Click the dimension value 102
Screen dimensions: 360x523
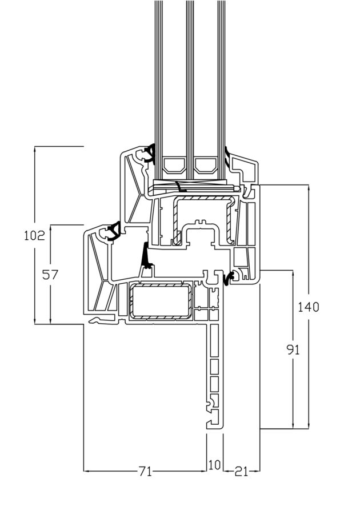(x=34, y=235)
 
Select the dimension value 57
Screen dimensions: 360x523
(x=50, y=275)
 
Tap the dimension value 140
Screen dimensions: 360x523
(x=308, y=307)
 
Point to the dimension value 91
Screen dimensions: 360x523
(x=293, y=349)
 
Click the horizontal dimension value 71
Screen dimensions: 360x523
(x=145, y=471)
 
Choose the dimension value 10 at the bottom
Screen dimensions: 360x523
(x=214, y=464)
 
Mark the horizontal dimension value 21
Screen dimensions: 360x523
(x=241, y=472)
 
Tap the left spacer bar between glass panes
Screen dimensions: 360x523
(x=174, y=166)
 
